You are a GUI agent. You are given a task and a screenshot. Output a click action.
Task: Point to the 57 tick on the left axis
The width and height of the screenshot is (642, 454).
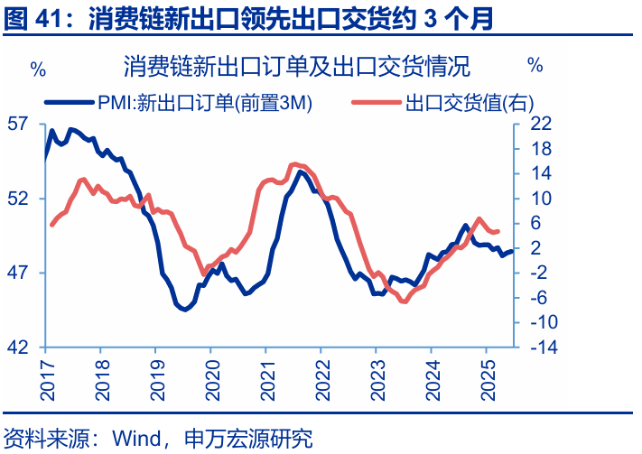27,124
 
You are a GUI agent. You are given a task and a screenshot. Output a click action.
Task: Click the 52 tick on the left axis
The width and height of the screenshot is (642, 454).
27,199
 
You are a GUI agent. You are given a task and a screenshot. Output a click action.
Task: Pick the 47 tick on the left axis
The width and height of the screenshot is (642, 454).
27,273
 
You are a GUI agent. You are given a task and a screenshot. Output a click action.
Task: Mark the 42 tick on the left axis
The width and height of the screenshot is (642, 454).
27,347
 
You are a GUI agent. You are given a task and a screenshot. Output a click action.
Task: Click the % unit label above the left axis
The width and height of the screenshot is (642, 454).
38,67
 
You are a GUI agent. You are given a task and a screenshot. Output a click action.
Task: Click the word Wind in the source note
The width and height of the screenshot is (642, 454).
135,440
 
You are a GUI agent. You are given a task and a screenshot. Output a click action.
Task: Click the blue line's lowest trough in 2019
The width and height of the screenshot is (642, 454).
184,310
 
